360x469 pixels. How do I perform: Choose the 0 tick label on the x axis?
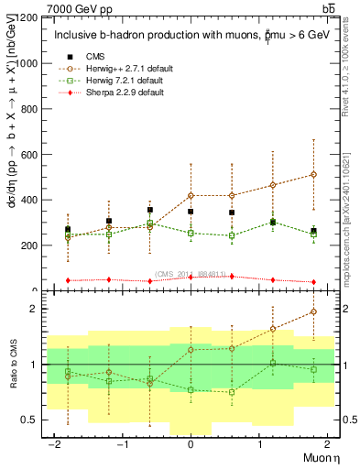191,446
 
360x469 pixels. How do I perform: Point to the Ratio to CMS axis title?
13,364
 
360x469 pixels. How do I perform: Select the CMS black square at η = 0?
191,212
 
